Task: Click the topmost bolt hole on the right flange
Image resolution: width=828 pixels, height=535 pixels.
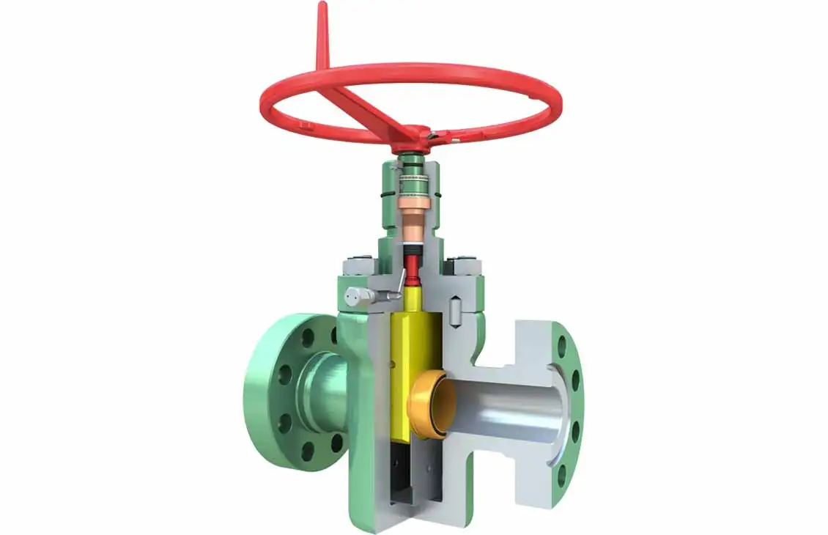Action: pos(563,345)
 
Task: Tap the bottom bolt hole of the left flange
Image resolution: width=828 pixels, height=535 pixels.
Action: pos(307,449)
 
